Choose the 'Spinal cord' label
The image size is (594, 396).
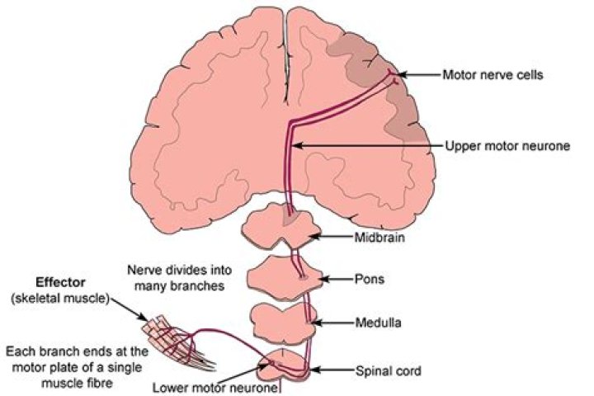pos(389,372)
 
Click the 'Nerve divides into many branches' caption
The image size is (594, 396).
pos(180,279)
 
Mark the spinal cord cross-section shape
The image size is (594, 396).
pos(285,367)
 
